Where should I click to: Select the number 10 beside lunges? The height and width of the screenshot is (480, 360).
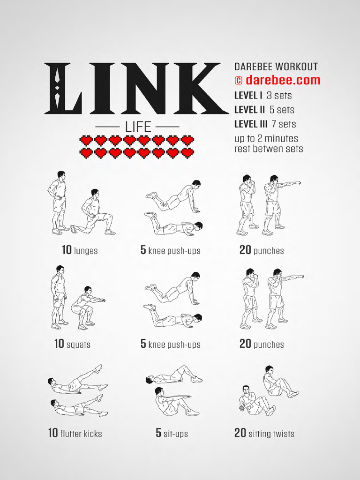[x=67, y=250]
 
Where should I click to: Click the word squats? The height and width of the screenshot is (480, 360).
[x=78, y=345]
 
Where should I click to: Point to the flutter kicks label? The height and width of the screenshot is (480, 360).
[x=81, y=434]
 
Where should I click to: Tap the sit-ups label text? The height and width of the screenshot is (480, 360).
[x=176, y=434]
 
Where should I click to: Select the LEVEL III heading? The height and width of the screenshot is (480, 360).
[x=251, y=124]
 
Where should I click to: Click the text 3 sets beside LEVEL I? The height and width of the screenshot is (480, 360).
[x=279, y=96]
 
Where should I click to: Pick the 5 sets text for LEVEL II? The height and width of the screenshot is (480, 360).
[x=282, y=110]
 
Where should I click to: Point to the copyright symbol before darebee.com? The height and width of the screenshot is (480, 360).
[x=239, y=81]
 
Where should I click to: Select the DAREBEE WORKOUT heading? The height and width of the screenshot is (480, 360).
[x=276, y=67]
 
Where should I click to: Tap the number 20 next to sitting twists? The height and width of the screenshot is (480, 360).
[x=240, y=433]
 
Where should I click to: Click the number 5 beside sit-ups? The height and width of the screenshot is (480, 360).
[x=158, y=433]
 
